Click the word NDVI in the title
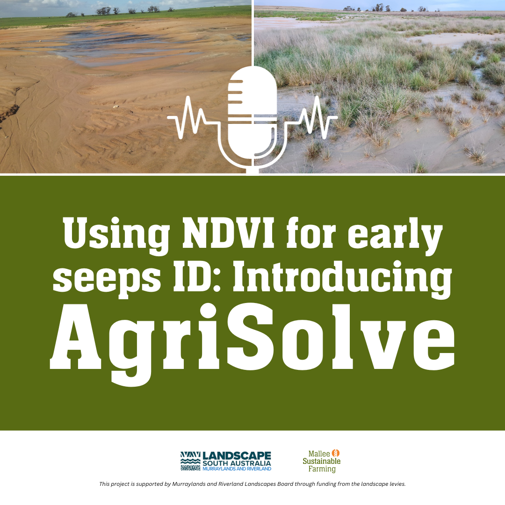pyautogui.click(x=228, y=232)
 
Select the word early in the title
pyautogui.click(x=395, y=236)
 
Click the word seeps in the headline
pyautogui.click(x=107, y=281)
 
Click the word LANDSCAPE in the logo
pyautogui.click(x=237, y=456)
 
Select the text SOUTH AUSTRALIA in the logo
pyautogui.click(x=237, y=464)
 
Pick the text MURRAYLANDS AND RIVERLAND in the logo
pyautogui.click(x=237, y=469)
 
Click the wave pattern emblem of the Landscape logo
pyautogui.click(x=190, y=461)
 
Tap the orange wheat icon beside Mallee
pyautogui.click(x=336, y=453)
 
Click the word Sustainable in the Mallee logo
pyautogui.click(x=321, y=461)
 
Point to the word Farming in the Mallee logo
pyautogui.click(x=322, y=469)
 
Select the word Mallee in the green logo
pyautogui.click(x=319, y=454)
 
